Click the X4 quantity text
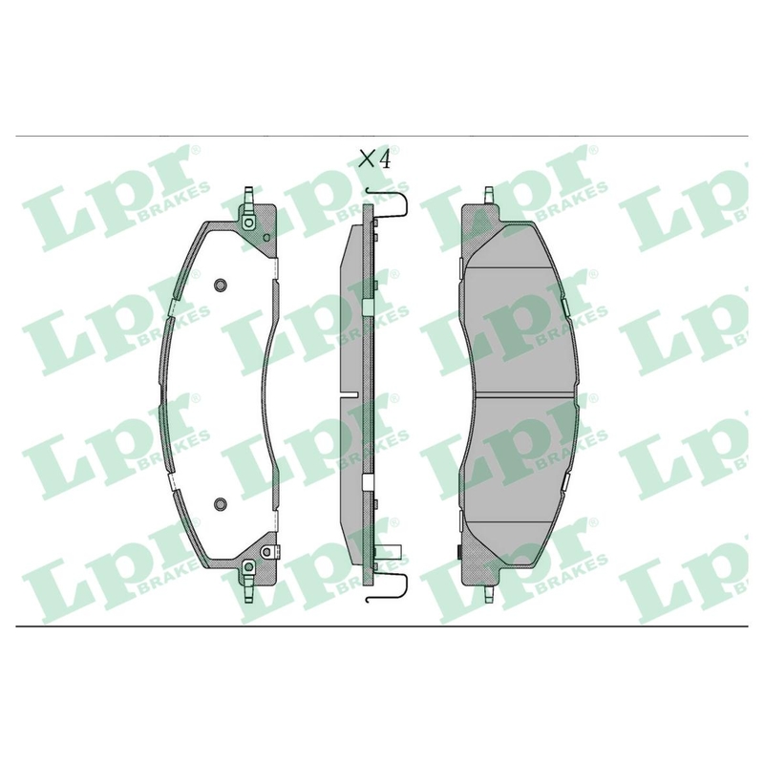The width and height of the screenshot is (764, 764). coord(374,159)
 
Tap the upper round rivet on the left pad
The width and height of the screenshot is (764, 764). coord(221,285)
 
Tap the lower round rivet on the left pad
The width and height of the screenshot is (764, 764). coord(221,503)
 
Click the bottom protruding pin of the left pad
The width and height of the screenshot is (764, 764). coord(248,589)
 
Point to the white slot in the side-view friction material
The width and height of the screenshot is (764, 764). coord(349,393)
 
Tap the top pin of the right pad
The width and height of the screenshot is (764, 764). coord(489,196)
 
